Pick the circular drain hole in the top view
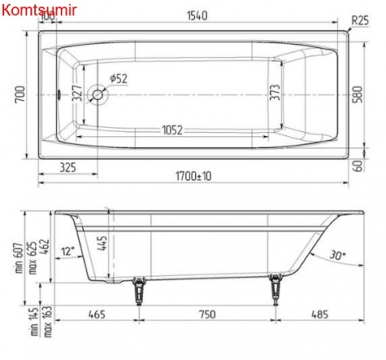point(98,94)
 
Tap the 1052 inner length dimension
point(179,130)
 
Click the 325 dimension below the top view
point(69,168)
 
